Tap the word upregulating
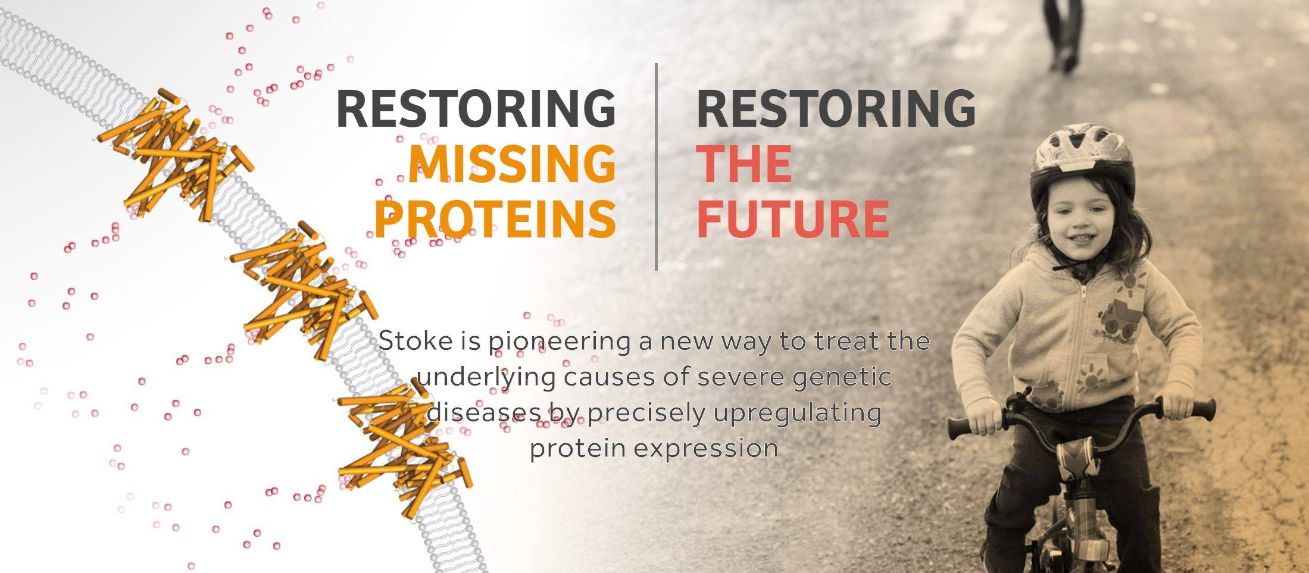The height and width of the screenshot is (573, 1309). tap(796, 412)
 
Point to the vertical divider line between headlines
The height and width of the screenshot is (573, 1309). tap(656, 167)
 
